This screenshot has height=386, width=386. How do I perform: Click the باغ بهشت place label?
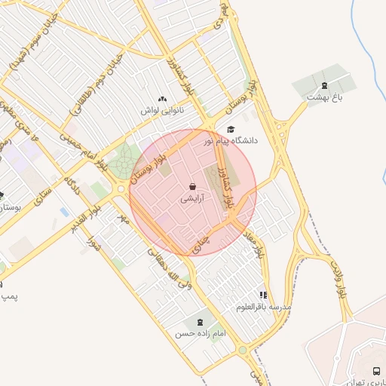325,97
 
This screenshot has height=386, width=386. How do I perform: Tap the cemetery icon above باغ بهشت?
324,85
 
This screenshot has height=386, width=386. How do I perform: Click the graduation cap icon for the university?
231,129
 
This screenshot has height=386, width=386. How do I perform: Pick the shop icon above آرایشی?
192,186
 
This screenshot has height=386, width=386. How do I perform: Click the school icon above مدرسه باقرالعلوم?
263,295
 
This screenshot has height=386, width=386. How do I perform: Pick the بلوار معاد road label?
259,243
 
